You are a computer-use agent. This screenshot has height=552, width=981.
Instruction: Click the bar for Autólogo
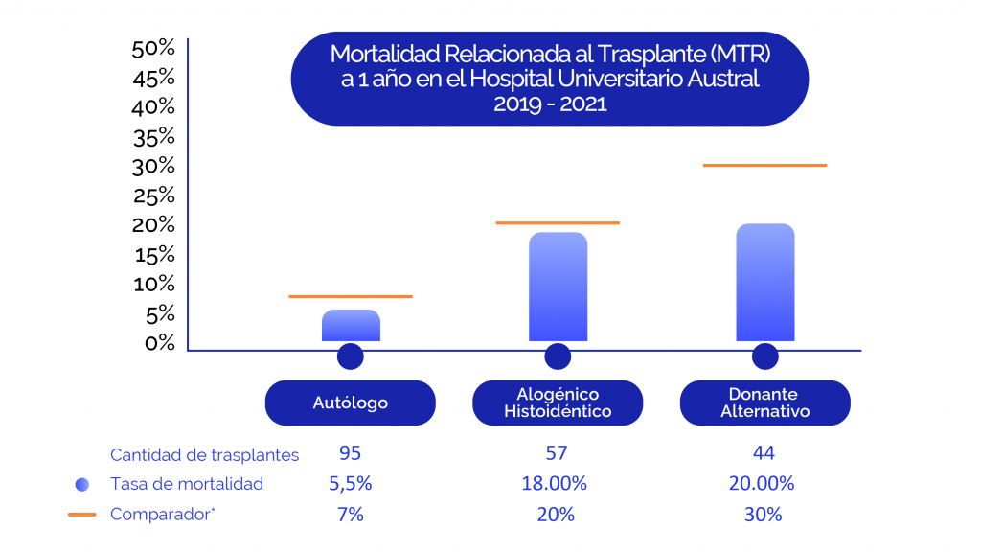(351, 325)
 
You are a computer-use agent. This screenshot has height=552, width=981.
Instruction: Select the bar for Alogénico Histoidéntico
(558, 287)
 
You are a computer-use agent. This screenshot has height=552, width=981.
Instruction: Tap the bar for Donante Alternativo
(764, 282)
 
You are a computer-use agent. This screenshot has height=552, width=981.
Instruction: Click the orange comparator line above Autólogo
(351, 296)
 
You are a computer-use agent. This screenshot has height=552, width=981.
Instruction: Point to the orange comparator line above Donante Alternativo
(764, 166)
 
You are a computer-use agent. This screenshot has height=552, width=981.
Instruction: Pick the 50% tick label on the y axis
(153, 48)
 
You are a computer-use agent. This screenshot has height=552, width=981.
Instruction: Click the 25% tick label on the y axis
(153, 195)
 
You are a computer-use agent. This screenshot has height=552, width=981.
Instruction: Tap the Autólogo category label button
(351, 402)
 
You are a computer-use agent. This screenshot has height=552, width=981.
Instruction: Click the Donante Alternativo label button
(764, 402)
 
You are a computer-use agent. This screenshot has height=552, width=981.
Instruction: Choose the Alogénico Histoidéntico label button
(558, 402)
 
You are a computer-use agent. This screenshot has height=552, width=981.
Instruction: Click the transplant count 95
(350, 453)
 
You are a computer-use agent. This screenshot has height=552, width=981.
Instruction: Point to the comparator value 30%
(763, 515)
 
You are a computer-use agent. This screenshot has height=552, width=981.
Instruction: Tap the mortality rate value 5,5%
(350, 484)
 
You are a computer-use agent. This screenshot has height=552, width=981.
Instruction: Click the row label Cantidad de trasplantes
(204, 454)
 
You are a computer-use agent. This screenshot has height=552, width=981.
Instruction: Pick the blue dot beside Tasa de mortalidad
(82, 484)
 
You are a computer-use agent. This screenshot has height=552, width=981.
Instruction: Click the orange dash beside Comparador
(82, 515)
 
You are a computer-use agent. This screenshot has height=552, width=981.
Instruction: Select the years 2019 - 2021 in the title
(550, 104)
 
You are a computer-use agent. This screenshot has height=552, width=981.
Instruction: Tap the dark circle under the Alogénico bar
(558, 357)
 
